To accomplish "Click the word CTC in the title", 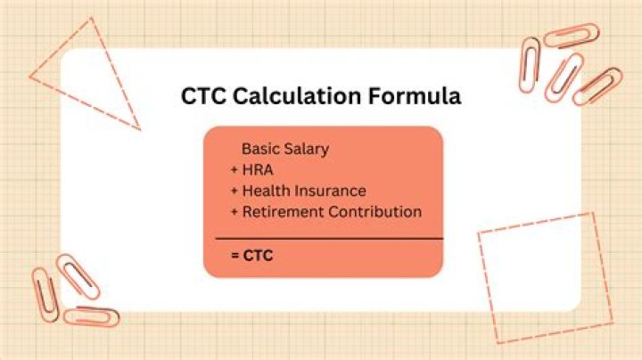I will [204, 96].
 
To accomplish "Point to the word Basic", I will [260, 149].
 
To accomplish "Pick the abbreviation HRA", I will [257, 170].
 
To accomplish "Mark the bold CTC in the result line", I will [259, 256].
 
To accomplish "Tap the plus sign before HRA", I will [235, 170].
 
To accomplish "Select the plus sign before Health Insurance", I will [235, 191].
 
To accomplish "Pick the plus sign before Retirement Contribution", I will [235, 212].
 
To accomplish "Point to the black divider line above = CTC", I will [329, 239].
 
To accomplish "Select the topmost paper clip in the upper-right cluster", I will [572, 36].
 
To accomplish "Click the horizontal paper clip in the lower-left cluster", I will [91, 316].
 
